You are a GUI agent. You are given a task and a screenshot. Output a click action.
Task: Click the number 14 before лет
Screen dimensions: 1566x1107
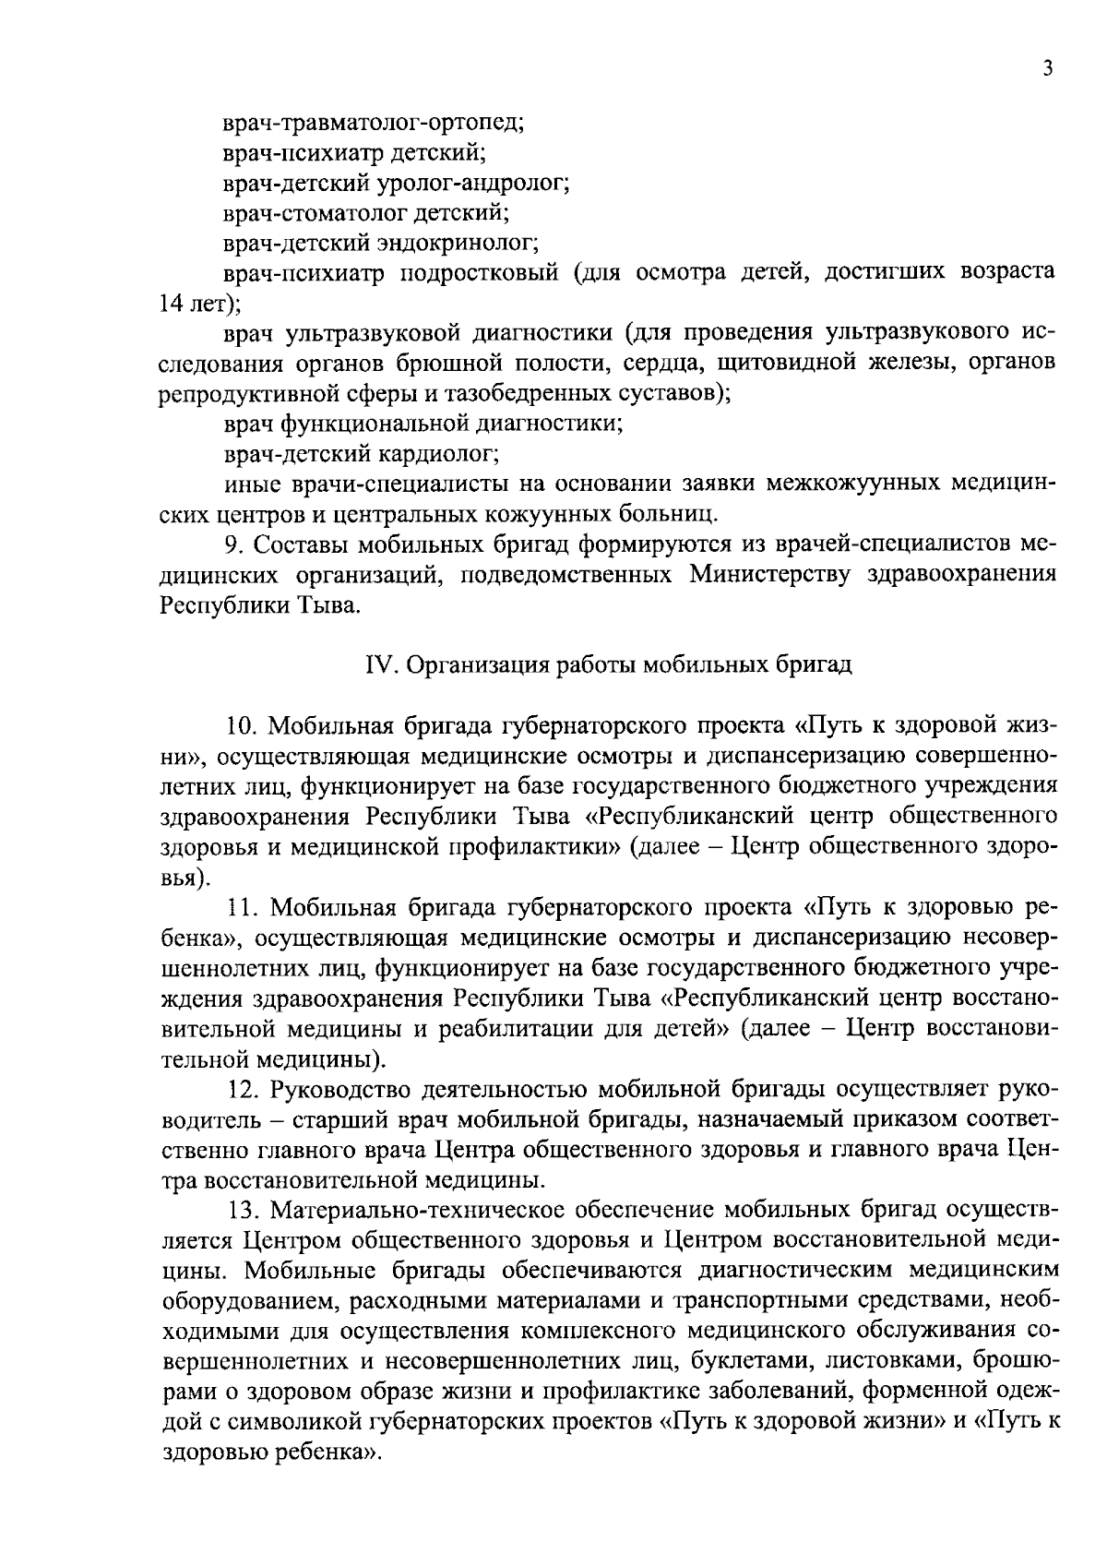[x=173, y=304]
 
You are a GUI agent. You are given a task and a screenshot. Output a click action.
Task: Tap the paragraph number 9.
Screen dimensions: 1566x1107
[x=236, y=544]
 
